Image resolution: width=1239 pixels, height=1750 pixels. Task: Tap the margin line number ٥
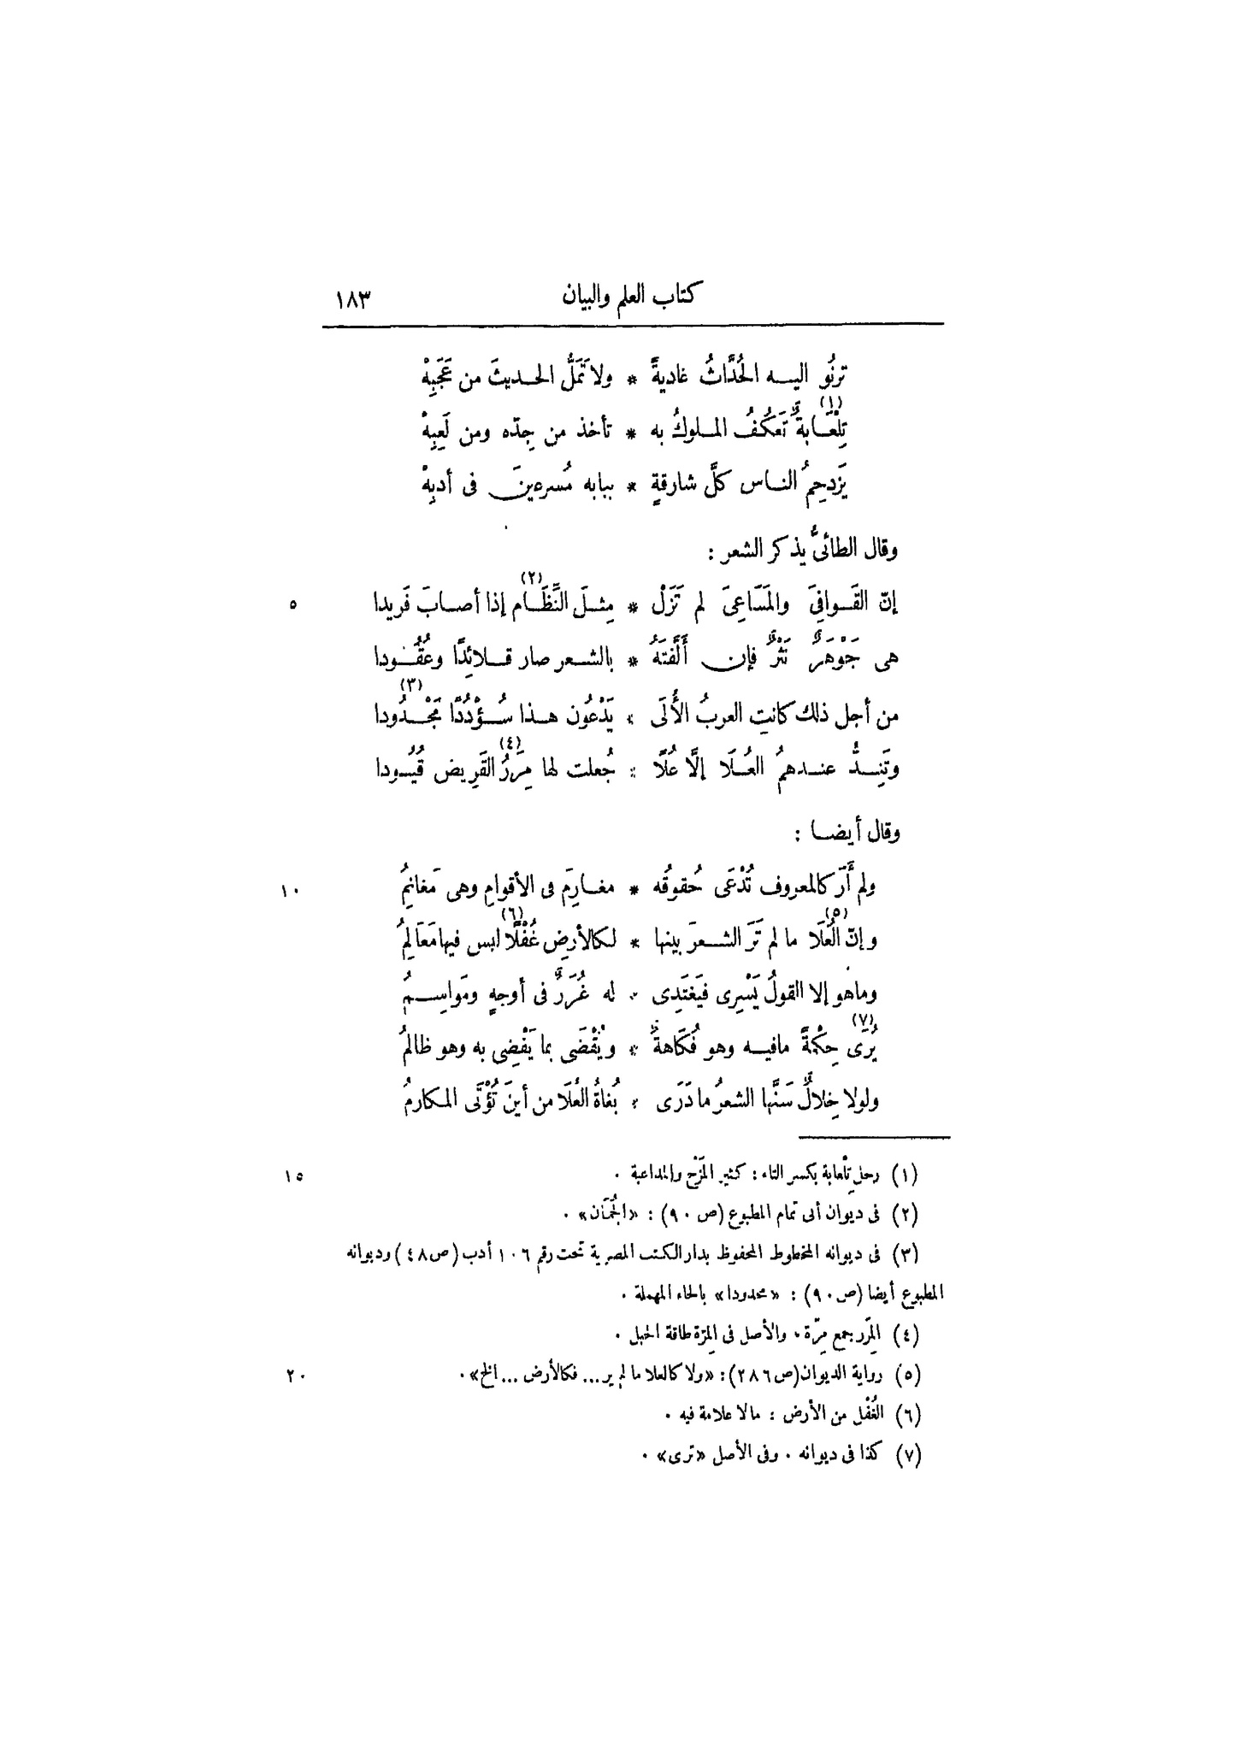(293, 604)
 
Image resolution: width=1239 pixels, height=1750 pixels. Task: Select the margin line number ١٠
(286, 892)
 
